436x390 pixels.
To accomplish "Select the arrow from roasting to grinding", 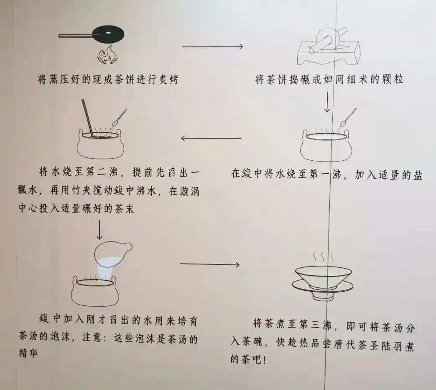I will point(212,46).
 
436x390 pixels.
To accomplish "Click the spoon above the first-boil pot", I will point(348,117).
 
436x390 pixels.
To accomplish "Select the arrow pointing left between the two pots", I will point(211,138).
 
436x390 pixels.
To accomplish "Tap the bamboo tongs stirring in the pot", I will point(87,117).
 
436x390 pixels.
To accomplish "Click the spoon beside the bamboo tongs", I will point(120,117).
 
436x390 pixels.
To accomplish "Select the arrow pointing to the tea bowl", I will point(209,264).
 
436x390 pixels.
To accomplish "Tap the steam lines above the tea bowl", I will point(322,256).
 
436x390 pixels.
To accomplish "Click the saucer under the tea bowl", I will point(322,287).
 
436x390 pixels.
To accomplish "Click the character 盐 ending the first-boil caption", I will point(417,175).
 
